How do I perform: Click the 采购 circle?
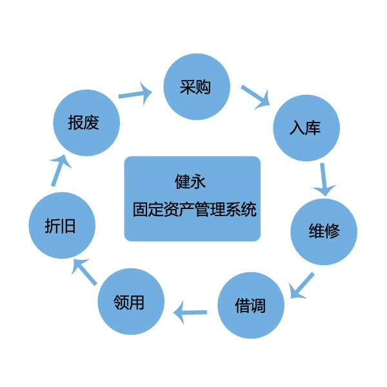coord(196,87)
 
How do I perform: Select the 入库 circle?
coord(305,128)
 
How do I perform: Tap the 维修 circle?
coord(324,232)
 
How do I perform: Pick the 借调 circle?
coord(251,305)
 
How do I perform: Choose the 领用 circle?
coord(130,302)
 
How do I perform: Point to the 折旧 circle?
coord(63,225)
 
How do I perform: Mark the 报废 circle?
coord(86,123)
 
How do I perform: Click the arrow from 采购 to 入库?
coord(255,95)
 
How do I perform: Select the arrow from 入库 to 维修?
coord(325,179)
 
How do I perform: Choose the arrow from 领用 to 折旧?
coord(84,272)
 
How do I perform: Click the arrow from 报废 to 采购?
coord(135,94)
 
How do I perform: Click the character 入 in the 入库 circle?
coord(297,128)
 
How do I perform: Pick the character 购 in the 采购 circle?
coord(204,87)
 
